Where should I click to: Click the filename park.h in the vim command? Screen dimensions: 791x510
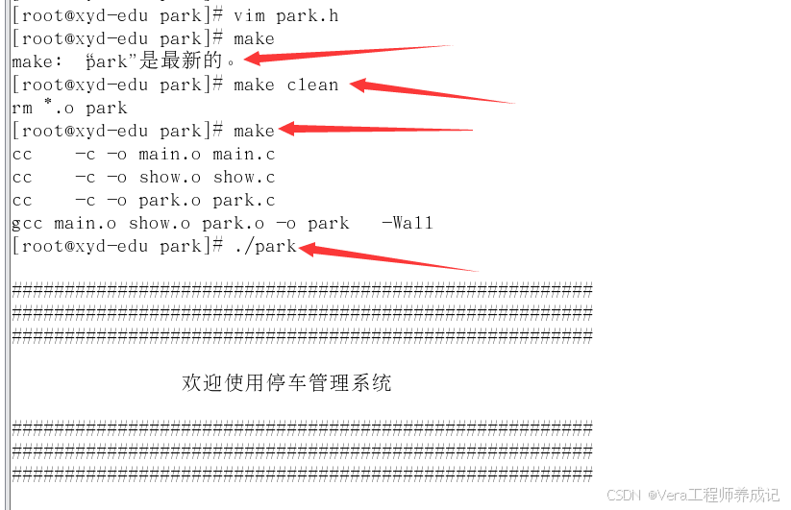(308, 15)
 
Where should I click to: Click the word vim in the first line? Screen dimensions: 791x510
(249, 15)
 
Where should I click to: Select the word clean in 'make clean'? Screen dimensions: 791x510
(312, 85)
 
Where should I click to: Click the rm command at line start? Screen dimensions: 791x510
(21, 108)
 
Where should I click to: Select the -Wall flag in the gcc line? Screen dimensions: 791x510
(407, 223)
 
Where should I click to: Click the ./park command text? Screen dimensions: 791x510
(265, 246)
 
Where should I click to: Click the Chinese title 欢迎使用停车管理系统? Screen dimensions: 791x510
(286, 383)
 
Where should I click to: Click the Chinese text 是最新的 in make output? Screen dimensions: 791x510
(183, 61)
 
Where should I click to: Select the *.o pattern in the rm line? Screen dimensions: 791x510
(59, 108)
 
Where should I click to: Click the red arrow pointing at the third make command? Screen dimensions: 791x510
(375, 129)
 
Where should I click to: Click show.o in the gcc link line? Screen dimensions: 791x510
(154, 223)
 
